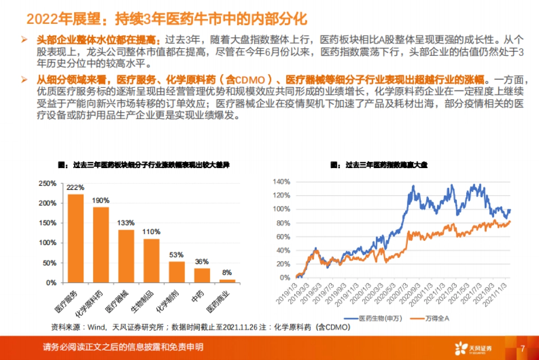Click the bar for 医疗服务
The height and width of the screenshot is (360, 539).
point(75,238)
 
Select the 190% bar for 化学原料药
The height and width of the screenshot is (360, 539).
point(101,245)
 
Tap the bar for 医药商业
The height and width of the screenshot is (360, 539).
point(227,281)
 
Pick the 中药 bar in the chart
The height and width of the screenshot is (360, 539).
point(202,275)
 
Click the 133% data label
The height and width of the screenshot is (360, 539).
point(126,222)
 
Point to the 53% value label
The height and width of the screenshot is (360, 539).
point(177,254)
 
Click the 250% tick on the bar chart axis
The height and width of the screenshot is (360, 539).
point(48,183)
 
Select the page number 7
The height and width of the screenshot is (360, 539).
point(522,348)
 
